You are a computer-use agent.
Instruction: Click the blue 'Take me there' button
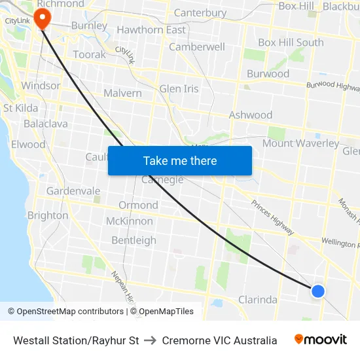click(179, 160)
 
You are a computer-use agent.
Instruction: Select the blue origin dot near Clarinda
click(317, 291)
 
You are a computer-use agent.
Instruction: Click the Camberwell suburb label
click(197, 47)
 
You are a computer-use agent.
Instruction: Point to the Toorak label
click(89, 55)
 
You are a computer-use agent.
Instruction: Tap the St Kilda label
click(21, 108)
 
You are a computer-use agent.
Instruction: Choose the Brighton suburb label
click(47, 215)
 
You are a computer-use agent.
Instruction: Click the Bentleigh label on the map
click(134, 240)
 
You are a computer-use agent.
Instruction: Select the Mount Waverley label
click(300, 143)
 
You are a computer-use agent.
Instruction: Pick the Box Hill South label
click(291, 43)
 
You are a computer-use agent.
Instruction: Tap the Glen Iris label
click(179, 89)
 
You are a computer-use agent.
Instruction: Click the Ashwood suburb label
click(250, 115)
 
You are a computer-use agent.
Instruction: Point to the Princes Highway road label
click(272, 217)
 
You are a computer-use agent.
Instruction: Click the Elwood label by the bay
click(28, 145)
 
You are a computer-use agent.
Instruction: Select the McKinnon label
click(129, 221)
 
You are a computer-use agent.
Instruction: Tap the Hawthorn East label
click(151, 30)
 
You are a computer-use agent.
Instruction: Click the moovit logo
click(321, 340)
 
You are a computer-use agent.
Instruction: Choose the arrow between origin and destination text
click(151, 340)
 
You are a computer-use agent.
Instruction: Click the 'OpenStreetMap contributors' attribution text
click(70, 312)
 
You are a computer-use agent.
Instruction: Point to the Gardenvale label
click(73, 191)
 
